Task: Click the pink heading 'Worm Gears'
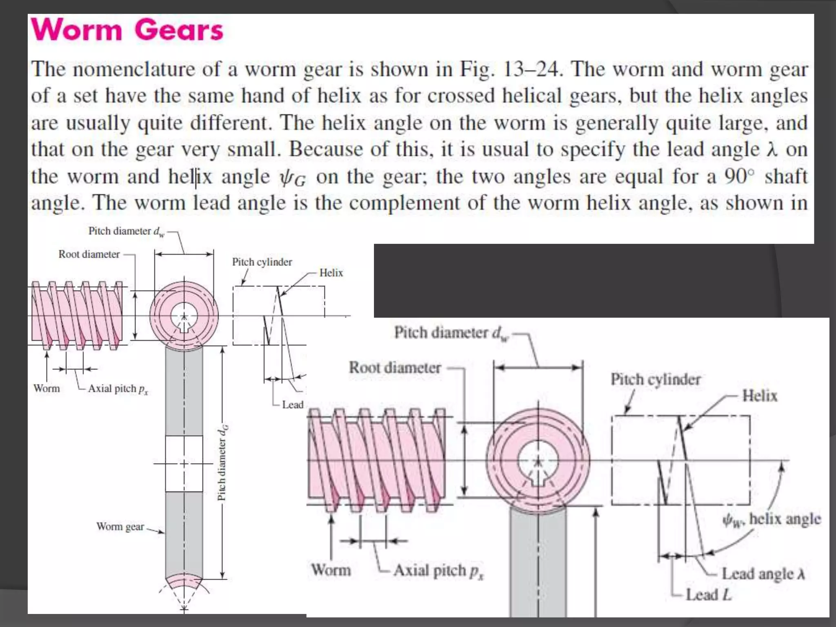coord(127,30)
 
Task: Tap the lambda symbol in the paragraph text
coord(771,150)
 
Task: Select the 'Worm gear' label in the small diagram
coord(120,527)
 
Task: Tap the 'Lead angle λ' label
coord(763,574)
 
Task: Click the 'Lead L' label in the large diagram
coord(708,595)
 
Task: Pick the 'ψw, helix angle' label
coord(771,520)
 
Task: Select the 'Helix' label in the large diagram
coord(759,396)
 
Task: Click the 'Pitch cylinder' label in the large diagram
coord(655,380)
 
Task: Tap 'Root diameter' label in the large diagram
coord(395,368)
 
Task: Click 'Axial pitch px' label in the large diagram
coord(438,571)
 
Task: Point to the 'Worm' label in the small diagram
coord(47,388)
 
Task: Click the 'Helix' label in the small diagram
coord(331,273)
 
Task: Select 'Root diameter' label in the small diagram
coord(89,254)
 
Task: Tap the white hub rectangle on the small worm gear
coord(184,463)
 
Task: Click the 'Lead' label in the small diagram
coord(293,405)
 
